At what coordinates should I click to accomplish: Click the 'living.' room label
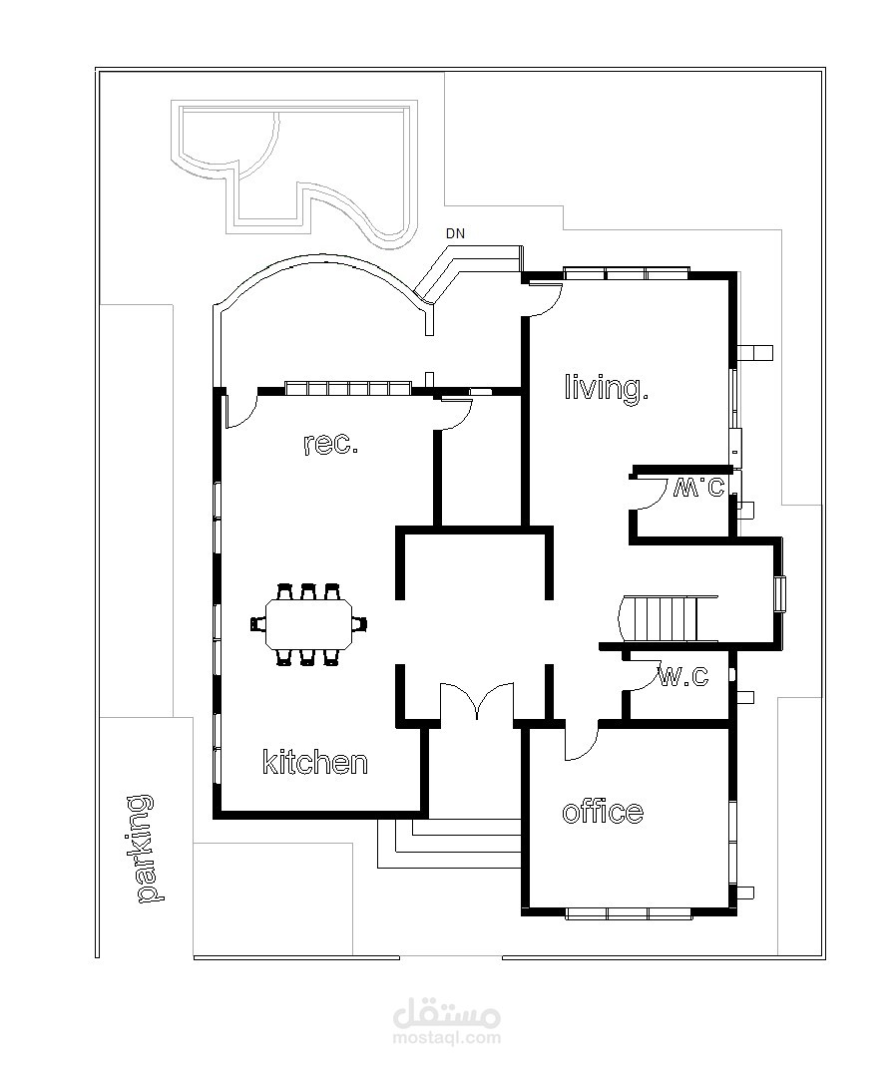pos(606,388)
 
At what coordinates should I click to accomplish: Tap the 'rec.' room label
pos(330,444)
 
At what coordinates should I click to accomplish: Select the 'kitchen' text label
pos(315,762)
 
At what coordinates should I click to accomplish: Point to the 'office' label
pos(603,811)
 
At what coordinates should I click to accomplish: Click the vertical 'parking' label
pos(144,849)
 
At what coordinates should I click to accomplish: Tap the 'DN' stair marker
pos(455,233)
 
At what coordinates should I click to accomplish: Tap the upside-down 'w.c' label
pos(698,487)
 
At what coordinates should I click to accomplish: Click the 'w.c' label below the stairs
pos(683,676)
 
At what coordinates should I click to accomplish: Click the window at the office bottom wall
pos(628,913)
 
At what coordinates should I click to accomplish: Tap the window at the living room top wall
pos(627,273)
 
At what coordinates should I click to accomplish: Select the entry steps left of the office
pos(450,844)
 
